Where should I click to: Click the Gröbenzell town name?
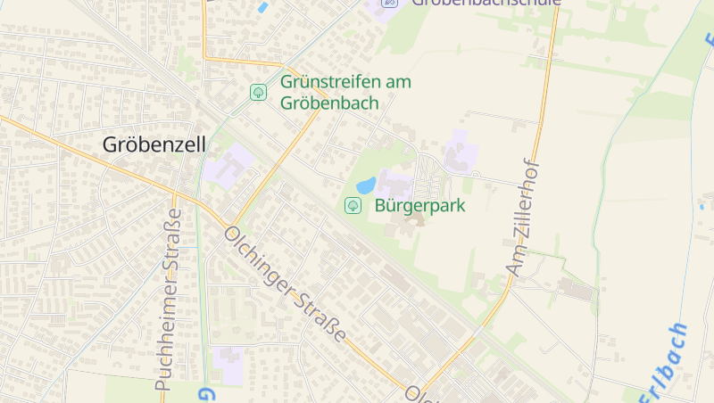pyautogui.click(x=154, y=144)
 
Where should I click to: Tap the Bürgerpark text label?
pyautogui.click(x=420, y=205)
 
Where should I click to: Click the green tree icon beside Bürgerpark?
pyautogui.click(x=353, y=206)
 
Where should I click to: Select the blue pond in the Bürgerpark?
pyautogui.click(x=366, y=186)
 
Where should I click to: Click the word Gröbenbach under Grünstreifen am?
pyautogui.click(x=329, y=103)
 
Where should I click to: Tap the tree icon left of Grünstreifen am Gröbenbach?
pyautogui.click(x=258, y=92)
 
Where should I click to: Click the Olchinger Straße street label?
pyautogui.click(x=285, y=283)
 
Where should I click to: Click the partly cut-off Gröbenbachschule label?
pyautogui.click(x=486, y=3)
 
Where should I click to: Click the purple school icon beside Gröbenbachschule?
pyautogui.click(x=388, y=3)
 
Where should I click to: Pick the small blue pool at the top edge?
pyautogui.click(x=262, y=8)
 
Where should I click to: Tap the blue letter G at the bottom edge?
pyautogui.click(x=205, y=394)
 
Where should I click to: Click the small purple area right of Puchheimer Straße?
pyautogui.click(x=228, y=362)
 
